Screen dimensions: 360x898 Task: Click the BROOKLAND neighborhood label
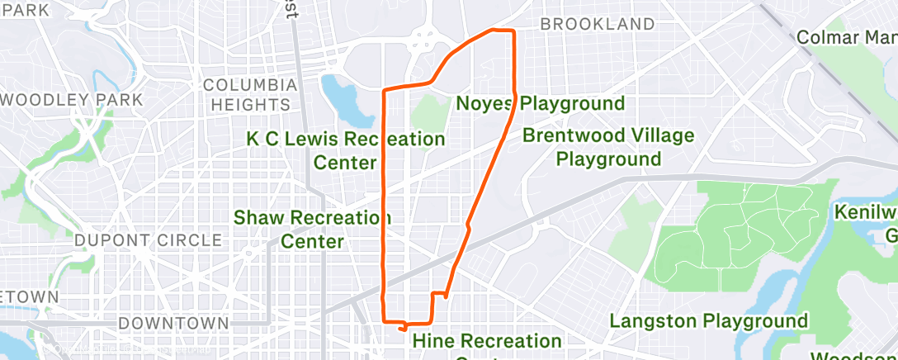pyautogui.click(x=597, y=25)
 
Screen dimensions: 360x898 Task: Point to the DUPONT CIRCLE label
pyautogui.click(x=149, y=240)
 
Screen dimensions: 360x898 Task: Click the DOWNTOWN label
pyautogui.click(x=173, y=322)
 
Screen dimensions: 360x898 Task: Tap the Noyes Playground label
pyautogui.click(x=541, y=104)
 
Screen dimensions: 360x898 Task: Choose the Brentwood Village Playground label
pyautogui.click(x=608, y=147)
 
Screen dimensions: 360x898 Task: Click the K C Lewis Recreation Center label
pyautogui.click(x=345, y=150)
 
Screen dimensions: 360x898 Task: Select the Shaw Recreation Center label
pyautogui.click(x=312, y=230)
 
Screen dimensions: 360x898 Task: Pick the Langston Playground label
pyautogui.click(x=708, y=320)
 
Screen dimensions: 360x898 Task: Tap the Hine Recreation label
pyautogui.click(x=486, y=340)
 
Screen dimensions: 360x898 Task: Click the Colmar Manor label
pyautogui.click(x=847, y=38)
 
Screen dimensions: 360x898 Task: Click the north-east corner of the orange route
pyautogui.click(x=513, y=31)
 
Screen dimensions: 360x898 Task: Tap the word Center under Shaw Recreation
pyautogui.click(x=312, y=242)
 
